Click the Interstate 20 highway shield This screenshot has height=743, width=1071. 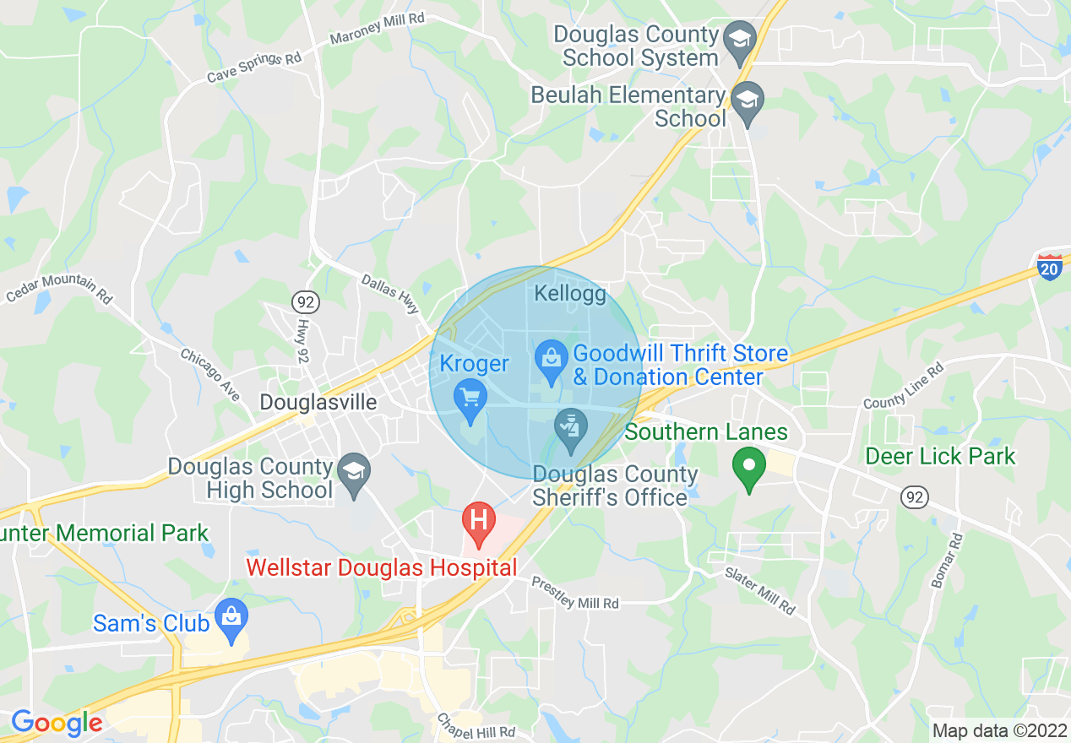(1050, 267)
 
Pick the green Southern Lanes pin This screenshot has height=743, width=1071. (748, 467)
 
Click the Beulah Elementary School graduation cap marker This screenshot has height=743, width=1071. (747, 100)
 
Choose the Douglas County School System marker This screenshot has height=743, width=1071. (741, 40)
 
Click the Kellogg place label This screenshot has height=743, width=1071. (571, 294)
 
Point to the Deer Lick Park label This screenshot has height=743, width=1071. (940, 457)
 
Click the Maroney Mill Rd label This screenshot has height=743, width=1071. (377, 28)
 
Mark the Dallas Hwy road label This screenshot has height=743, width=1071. (390, 293)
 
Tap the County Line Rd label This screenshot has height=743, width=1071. (904, 386)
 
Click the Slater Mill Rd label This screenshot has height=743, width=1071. (760, 590)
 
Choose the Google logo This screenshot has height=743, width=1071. (57, 723)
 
